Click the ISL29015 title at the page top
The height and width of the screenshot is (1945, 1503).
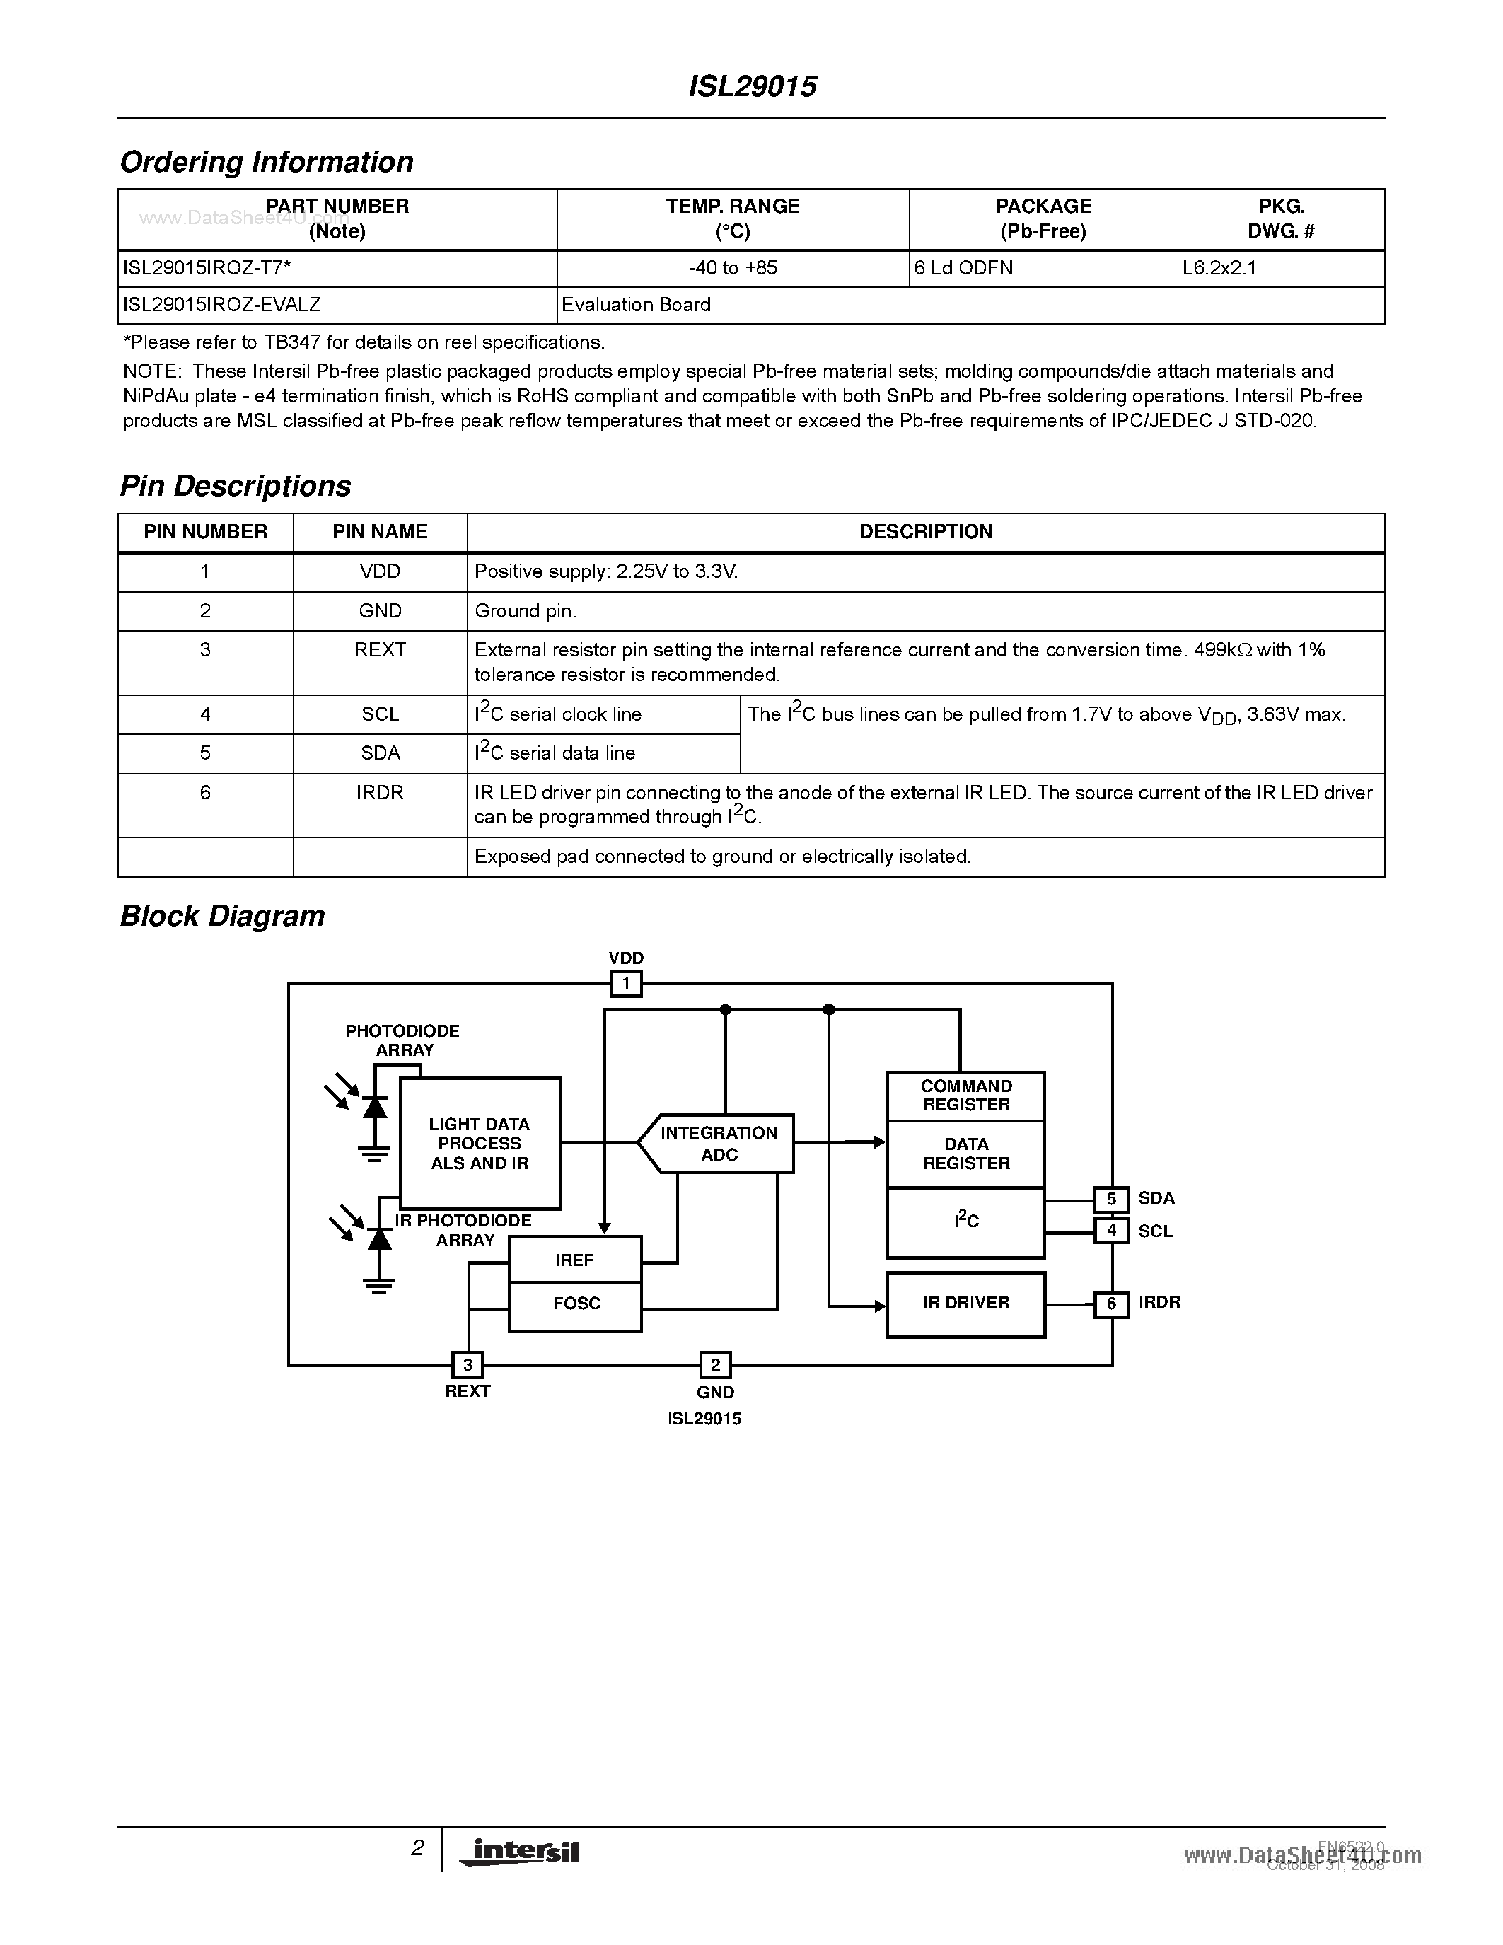click(x=753, y=86)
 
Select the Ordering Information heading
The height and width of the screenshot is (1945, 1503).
click(x=266, y=162)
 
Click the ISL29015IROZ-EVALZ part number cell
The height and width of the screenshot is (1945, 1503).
click(x=221, y=305)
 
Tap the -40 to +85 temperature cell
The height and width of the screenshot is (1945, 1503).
click(x=732, y=268)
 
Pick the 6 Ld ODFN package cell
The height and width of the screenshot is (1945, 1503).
click(x=963, y=268)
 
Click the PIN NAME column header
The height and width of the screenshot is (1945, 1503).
click(x=381, y=532)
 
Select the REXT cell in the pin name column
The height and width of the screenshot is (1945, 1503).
click(x=381, y=650)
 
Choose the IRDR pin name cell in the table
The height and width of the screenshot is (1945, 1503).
click(x=381, y=793)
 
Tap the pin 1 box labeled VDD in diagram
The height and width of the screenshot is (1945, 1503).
click(x=626, y=984)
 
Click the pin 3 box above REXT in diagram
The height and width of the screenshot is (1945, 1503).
click(x=468, y=1365)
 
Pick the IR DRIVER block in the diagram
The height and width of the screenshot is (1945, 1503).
click(x=966, y=1304)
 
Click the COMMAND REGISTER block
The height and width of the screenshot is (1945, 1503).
click(x=966, y=1096)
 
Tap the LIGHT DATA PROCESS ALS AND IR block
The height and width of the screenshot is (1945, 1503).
click(x=480, y=1144)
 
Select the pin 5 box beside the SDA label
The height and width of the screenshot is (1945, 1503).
click(x=1111, y=1200)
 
